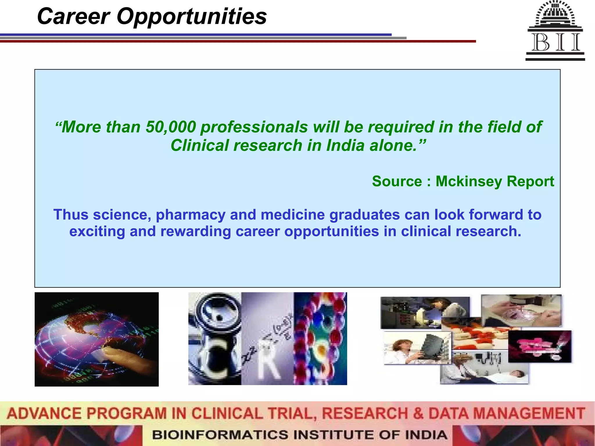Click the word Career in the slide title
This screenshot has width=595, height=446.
coord(74,17)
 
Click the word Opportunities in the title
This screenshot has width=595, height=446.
coord(191,17)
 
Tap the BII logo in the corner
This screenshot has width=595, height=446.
coord(555,30)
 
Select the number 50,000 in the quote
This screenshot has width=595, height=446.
coord(171,127)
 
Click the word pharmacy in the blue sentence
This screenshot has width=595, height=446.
coord(191,215)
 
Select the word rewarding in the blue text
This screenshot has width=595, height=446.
coord(196,231)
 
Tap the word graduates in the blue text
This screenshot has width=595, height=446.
coord(365,215)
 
